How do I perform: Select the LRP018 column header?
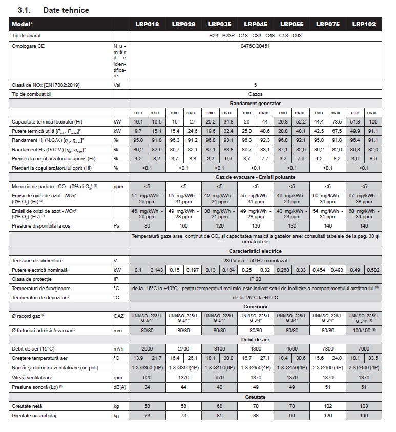[147, 24]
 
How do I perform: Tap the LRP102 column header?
[364, 24]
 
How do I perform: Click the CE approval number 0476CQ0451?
[255, 46]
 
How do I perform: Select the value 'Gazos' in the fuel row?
[255, 95]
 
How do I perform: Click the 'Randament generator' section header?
[255, 104]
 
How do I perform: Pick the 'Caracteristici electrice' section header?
[255, 251]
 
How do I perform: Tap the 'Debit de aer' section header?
[255, 339]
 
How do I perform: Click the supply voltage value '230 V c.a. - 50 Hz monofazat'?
[255, 260]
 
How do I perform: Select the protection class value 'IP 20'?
[255, 279]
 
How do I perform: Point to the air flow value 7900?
[364, 348]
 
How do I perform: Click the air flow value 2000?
[147, 348]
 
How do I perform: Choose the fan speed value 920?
[147, 376]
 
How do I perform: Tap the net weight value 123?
[364, 405]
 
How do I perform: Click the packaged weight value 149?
[364, 415]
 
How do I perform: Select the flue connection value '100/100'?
[362, 331]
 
